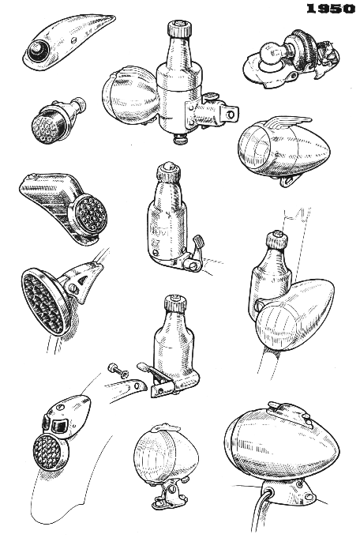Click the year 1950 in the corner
(x=331, y=9)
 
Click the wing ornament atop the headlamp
(x=292, y=122)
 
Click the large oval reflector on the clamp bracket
(x=44, y=299)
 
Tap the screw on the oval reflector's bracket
(x=73, y=288)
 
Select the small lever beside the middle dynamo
(x=196, y=250)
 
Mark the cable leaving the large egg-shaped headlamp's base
(x=261, y=514)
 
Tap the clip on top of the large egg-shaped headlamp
(x=291, y=410)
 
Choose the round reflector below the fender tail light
(x=51, y=451)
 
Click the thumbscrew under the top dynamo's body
(x=178, y=140)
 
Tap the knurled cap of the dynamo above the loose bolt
(x=175, y=303)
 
